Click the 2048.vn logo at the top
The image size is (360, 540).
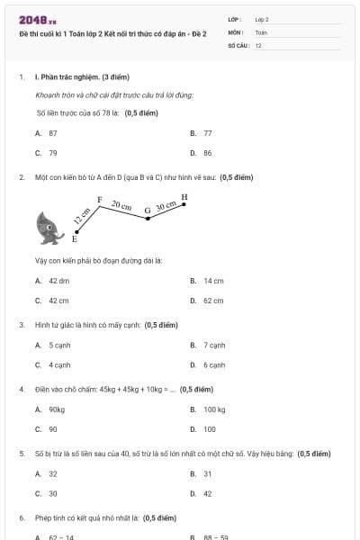(38, 19)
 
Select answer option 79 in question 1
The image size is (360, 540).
(52, 153)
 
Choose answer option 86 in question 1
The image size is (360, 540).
(207, 153)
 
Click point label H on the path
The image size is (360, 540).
(184, 196)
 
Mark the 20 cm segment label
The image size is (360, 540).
(121, 205)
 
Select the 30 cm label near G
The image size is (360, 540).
(166, 206)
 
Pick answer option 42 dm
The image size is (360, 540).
(58, 281)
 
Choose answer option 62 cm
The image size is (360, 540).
(212, 301)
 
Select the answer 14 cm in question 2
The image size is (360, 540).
(212, 281)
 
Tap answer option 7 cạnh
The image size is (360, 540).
(213, 345)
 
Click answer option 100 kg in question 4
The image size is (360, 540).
(214, 409)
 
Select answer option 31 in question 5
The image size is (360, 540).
(207, 473)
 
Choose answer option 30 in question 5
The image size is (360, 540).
(52, 493)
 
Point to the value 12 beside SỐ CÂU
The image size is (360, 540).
(258, 45)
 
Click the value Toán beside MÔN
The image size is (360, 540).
(261, 31)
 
